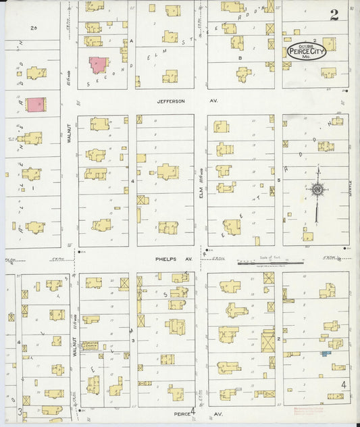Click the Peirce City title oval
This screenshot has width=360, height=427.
[305, 52]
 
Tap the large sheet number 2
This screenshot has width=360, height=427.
[334, 15]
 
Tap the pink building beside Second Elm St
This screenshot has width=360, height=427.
[98, 65]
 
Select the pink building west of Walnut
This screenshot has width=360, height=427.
[36, 105]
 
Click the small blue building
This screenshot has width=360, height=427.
[326, 353]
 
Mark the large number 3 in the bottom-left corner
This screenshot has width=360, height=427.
[20, 411]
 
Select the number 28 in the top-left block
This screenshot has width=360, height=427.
[33, 28]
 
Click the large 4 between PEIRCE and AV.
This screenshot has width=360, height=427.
[192, 410]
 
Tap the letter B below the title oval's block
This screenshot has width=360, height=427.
[240, 58]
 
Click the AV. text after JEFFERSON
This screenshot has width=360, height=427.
[199, 101]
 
